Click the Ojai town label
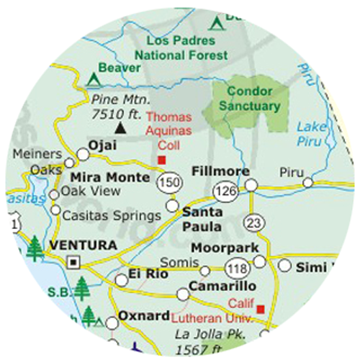(x=102, y=145)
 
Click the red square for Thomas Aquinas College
(x=162, y=159)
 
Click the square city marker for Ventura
(x=73, y=262)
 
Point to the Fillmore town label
(x=221, y=171)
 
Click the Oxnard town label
(x=144, y=316)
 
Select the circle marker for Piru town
(x=307, y=183)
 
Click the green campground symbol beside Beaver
(x=93, y=76)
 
